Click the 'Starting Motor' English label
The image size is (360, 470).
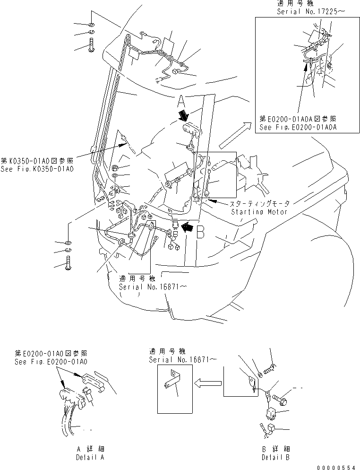click(259, 212)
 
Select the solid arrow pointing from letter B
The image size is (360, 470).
click(188, 227)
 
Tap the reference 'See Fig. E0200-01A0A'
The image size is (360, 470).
click(299, 127)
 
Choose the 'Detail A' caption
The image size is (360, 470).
click(90, 457)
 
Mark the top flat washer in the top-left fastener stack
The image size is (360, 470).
click(91, 24)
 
